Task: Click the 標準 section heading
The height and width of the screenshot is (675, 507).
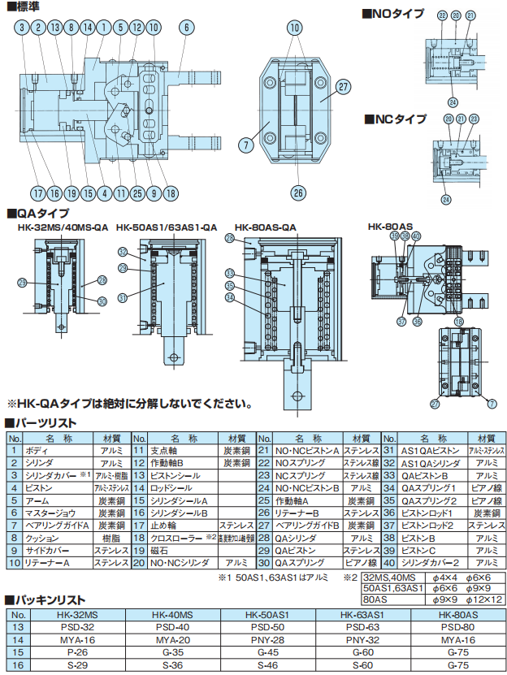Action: point(24,7)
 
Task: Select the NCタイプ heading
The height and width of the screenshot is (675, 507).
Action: point(399,119)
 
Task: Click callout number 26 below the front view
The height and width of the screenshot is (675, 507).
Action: point(298,193)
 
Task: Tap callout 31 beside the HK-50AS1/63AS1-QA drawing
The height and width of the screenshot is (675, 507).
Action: point(123,297)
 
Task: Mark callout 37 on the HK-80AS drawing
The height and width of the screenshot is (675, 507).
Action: point(401,322)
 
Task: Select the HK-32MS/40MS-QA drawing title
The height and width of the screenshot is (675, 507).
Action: point(63,227)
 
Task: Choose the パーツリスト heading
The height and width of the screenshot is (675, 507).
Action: point(46,422)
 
